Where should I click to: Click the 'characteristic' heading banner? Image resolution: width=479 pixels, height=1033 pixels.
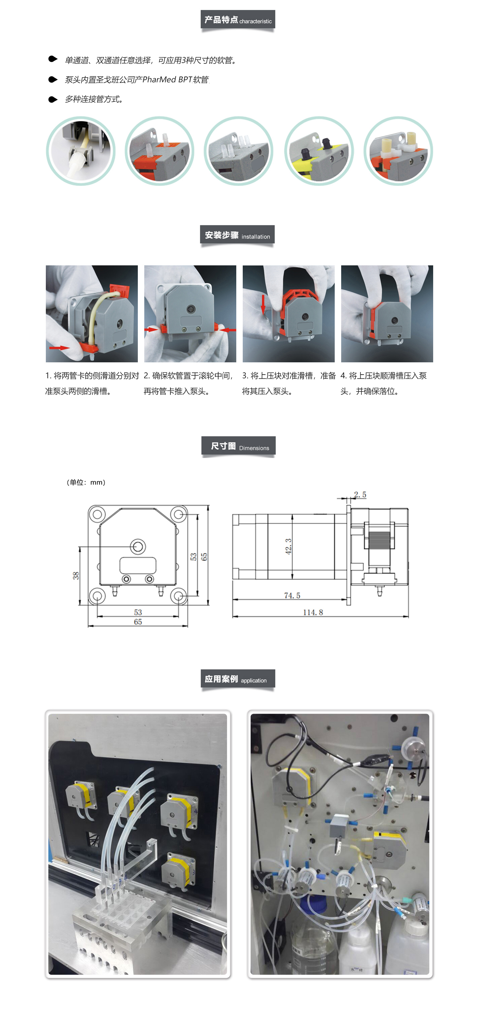click(x=238, y=19)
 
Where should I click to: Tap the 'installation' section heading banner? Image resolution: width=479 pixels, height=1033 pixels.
click(x=238, y=235)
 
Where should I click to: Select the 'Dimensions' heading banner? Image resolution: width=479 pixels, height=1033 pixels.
click(x=238, y=445)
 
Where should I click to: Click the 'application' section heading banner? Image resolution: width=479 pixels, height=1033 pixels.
click(x=238, y=678)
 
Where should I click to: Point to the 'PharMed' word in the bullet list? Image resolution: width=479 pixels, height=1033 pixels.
click(x=159, y=80)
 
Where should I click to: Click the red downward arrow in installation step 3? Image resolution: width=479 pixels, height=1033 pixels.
click(x=263, y=305)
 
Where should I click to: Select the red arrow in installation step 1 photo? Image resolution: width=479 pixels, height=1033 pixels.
click(x=59, y=348)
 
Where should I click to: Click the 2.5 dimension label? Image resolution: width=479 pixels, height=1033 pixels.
click(x=360, y=495)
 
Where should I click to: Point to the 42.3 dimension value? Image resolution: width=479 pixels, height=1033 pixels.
click(x=288, y=546)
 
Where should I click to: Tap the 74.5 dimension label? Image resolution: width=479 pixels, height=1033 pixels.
click(x=292, y=595)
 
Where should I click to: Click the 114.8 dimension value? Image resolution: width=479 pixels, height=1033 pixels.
click(x=313, y=612)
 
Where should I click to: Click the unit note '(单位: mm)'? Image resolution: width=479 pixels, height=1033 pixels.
click(x=86, y=482)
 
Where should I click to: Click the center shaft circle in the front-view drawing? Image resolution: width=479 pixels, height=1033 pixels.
click(x=138, y=546)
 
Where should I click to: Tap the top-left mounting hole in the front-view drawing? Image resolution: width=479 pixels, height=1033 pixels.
click(x=97, y=514)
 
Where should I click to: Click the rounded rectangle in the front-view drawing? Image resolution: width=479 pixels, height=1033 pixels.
click(x=138, y=565)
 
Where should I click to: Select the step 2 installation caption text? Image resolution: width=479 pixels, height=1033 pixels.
click(x=188, y=383)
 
